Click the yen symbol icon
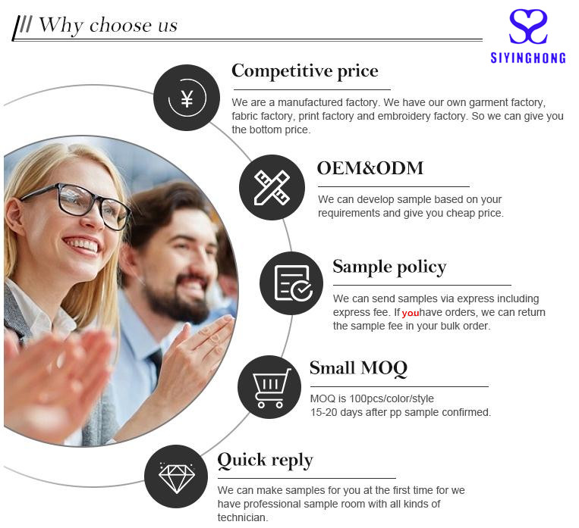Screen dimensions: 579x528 pos(187,98)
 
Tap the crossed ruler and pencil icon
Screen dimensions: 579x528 pos(272,188)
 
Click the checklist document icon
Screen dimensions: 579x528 pos(293,283)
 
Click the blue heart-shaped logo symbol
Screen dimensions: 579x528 pos(528,27)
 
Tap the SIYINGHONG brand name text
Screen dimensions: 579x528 pos(528,58)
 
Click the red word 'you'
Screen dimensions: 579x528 pos(411,314)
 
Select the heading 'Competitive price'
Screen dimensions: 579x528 pos(304,71)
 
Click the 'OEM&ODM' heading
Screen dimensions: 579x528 pos(370,168)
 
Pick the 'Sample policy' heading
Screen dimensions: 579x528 pos(389,267)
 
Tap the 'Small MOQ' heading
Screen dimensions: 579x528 pos(358,368)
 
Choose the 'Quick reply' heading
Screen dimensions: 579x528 pos(265,461)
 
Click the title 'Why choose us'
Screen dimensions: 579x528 pos(109,26)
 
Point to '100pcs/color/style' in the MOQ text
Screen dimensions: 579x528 pos(392,399)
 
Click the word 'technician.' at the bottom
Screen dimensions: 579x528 pos(243,517)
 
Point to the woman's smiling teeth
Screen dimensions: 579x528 pos(82,245)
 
